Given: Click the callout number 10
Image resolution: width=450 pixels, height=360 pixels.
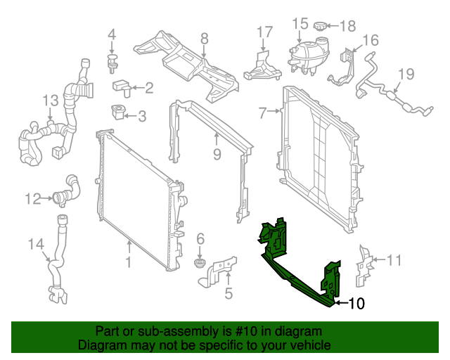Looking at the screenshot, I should (356, 304).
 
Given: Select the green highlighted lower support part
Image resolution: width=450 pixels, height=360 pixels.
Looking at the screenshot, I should (295, 271).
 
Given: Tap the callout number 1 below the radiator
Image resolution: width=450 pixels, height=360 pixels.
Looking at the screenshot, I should (129, 263).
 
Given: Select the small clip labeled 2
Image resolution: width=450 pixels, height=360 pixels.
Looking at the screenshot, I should (122, 87).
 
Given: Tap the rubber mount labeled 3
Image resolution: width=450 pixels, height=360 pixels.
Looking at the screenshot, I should (118, 111).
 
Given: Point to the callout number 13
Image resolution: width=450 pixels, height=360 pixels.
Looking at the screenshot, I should (50, 101).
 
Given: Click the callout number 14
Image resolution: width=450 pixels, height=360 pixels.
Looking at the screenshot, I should (35, 245).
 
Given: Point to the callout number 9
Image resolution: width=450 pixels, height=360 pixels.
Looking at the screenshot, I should (217, 153).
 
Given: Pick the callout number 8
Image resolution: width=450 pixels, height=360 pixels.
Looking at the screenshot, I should (204, 38).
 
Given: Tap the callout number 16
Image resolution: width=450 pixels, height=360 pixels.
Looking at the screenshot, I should (371, 39).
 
